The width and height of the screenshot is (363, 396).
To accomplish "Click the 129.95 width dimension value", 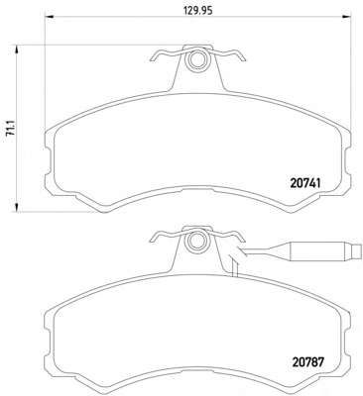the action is (x=198, y=11).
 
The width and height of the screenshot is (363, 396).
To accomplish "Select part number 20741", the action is (x=305, y=183).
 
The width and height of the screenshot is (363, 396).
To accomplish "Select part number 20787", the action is (x=307, y=362).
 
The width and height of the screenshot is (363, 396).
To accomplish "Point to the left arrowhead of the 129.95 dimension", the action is (x=49, y=17).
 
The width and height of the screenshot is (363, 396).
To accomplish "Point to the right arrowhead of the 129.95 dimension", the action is (x=346, y=17).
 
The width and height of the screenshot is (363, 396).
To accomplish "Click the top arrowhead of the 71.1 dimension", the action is (x=16, y=49).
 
